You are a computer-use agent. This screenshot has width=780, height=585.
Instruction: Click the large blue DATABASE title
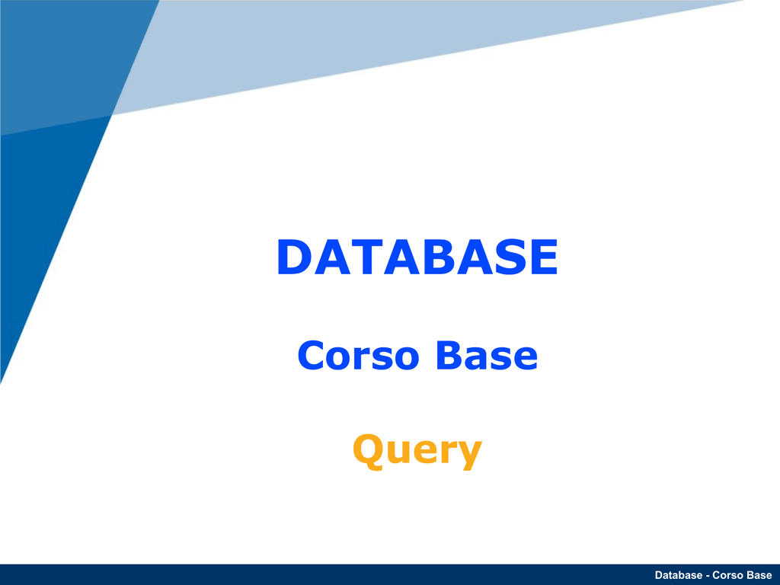point(417,257)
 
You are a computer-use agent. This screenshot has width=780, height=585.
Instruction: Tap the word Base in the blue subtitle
point(487,355)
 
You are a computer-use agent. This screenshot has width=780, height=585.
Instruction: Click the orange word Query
point(417,451)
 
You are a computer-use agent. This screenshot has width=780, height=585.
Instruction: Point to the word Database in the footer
point(679,575)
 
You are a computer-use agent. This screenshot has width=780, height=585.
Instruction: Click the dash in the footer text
point(708,576)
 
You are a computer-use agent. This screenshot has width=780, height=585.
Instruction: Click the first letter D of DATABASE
point(295,257)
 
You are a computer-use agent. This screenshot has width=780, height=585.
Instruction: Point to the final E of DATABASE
point(544,257)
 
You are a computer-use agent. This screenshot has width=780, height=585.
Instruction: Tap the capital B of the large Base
point(449,355)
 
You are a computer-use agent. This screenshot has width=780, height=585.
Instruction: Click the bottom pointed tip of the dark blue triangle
point(1,383)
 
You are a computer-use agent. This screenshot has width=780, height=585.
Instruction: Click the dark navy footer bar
point(390,574)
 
